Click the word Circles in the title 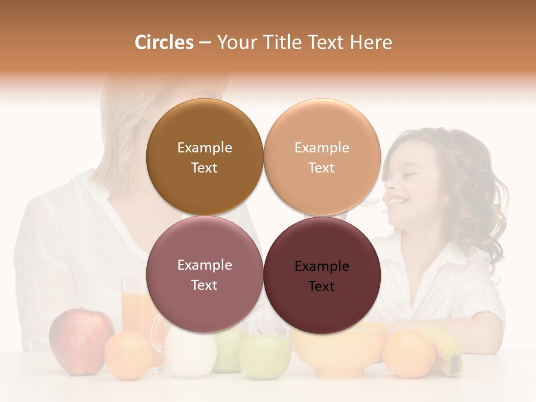(164, 42)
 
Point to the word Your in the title (237, 42)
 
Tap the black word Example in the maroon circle (322, 266)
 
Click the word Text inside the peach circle (322, 168)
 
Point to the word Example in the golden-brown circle (204, 148)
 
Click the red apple (81, 340)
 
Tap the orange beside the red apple (128, 356)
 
